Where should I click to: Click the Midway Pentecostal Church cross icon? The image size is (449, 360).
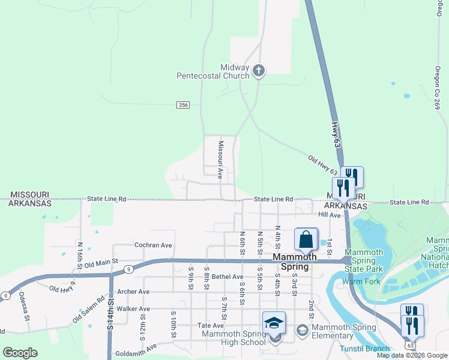tap(259, 71)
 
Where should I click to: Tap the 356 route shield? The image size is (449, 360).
tap(183, 105)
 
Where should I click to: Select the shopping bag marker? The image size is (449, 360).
tap(306, 239)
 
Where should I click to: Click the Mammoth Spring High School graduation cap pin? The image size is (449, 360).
tap(274, 323)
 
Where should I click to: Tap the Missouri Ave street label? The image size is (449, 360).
tap(220, 160)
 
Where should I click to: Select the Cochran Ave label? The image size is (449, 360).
tap(153, 245)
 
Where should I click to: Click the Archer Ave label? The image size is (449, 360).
tap(133, 292)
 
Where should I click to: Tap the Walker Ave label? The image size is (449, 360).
tap(133, 308)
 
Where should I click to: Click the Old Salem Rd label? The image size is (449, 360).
tap(88, 309)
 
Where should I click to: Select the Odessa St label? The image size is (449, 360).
tap(24, 305)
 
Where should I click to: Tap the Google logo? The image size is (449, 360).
tap(20, 353)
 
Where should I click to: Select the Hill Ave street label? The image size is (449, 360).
tap(330, 214)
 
